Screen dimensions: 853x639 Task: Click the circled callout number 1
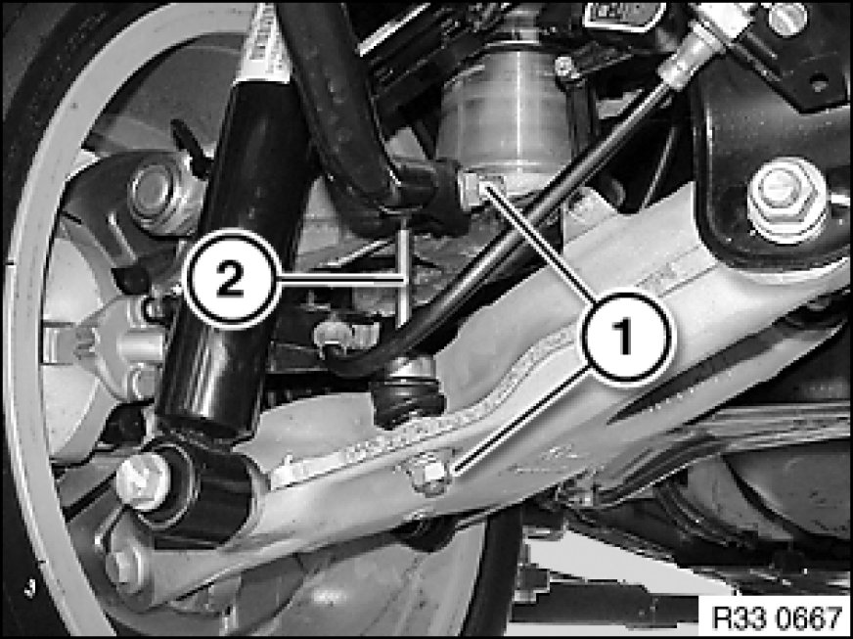[x=626, y=338]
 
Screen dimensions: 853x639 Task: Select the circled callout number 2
[x=232, y=279]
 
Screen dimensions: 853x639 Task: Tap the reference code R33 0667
[x=776, y=617]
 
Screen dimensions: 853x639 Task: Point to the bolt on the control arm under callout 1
[x=429, y=474]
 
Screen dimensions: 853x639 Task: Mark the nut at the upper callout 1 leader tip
[x=471, y=190]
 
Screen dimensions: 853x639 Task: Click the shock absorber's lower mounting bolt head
[x=143, y=481]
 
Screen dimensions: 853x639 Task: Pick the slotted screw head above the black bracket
[x=787, y=18]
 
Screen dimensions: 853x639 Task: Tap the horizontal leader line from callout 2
[x=342, y=279]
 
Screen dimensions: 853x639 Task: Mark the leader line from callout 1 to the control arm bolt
[x=520, y=419]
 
